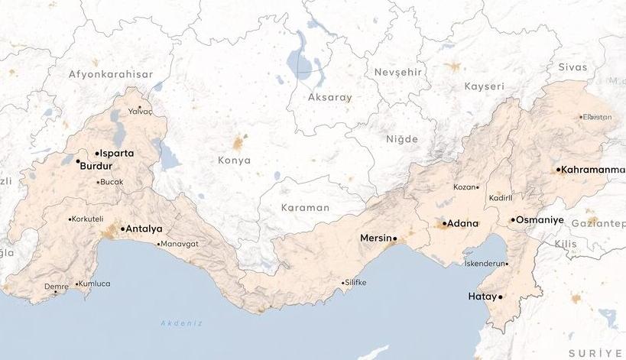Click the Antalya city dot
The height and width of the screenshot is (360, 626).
tap(122, 229)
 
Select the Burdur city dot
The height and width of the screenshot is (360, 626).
tap(78, 161)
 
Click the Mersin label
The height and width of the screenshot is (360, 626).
tap(375, 238)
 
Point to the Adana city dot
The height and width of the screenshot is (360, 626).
tap(445, 224)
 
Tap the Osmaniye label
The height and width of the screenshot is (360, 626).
tap(540, 219)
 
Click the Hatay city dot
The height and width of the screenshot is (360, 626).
tap(501, 297)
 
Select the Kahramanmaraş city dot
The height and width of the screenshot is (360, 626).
tap(559, 169)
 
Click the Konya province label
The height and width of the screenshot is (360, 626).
tap(234, 161)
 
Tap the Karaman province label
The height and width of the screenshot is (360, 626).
tap(305, 207)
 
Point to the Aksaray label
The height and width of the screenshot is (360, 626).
tap(330, 97)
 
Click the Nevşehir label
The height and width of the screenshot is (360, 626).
tap(398, 71)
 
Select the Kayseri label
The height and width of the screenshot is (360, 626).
tap(484, 86)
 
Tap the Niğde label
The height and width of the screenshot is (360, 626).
tap(402, 139)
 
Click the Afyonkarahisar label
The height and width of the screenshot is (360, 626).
tap(111, 74)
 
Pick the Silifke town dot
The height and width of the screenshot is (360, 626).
tap(343, 283)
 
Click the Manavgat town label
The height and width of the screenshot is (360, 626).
tap(180, 244)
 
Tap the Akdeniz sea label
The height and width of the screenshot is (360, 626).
tap(181, 323)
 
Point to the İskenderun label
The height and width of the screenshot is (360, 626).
tap(485, 263)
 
